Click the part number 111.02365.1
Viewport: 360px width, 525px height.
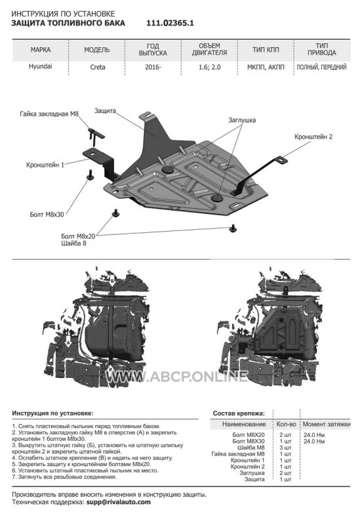click(170, 23)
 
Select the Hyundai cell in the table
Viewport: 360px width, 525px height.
click(41, 66)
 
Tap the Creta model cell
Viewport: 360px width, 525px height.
click(98, 67)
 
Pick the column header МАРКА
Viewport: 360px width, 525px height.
click(41, 50)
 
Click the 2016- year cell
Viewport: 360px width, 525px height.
click(153, 67)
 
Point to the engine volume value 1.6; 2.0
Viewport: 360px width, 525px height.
click(209, 67)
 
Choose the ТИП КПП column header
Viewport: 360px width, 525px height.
click(266, 50)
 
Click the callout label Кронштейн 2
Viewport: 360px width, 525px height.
click(313, 136)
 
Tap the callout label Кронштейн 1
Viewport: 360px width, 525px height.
click(45, 165)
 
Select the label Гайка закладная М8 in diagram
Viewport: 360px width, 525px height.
click(49, 114)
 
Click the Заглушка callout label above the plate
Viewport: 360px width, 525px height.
click(242, 120)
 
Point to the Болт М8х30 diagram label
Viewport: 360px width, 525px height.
click(47, 215)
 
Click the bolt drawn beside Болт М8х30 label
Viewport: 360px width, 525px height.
click(90, 175)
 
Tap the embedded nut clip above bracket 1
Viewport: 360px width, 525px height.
click(95, 135)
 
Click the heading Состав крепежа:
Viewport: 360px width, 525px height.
click(239, 413)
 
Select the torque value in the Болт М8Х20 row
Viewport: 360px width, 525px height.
click(314, 435)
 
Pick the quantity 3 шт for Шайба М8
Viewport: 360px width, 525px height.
click(285, 448)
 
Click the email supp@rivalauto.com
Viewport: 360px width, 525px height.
click(119, 502)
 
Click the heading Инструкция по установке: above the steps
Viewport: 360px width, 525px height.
click(53, 413)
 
